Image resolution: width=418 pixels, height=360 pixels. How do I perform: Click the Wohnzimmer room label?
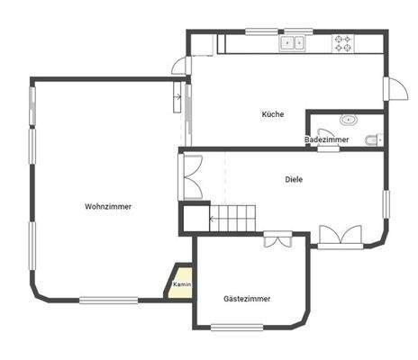[x=108, y=206]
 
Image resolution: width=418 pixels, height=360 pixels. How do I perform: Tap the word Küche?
[x=273, y=114]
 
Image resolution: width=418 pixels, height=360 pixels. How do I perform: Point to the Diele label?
[x=294, y=179]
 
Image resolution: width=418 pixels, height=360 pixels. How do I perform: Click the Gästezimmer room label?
[x=246, y=298]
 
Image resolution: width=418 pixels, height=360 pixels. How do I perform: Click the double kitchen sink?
[x=292, y=42]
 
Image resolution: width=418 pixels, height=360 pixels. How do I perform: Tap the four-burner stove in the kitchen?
[x=343, y=42]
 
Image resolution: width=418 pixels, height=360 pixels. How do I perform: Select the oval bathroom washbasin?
[x=348, y=120]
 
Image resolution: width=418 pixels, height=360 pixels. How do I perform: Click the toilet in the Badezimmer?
[x=375, y=139]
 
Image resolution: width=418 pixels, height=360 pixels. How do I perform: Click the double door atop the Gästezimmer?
[x=277, y=239]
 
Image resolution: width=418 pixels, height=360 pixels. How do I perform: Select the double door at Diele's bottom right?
[x=340, y=236]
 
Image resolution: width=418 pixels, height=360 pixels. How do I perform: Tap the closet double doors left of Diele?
[x=191, y=177]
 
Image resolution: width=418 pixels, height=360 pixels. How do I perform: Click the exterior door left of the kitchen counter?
[x=181, y=65]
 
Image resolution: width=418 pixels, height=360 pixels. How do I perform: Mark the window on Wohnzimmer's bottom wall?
[x=108, y=300]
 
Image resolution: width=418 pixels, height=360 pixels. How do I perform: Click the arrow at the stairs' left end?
[x=214, y=217]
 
